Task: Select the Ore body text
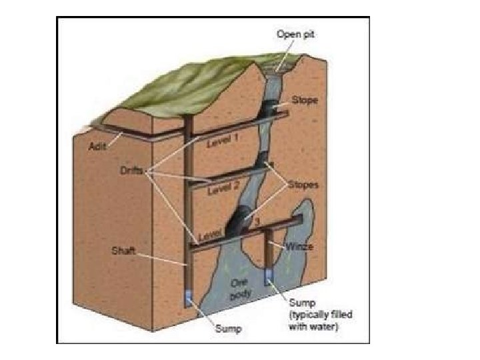coord(238,287)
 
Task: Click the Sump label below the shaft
coord(229,328)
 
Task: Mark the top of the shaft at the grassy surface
coord(189,121)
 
